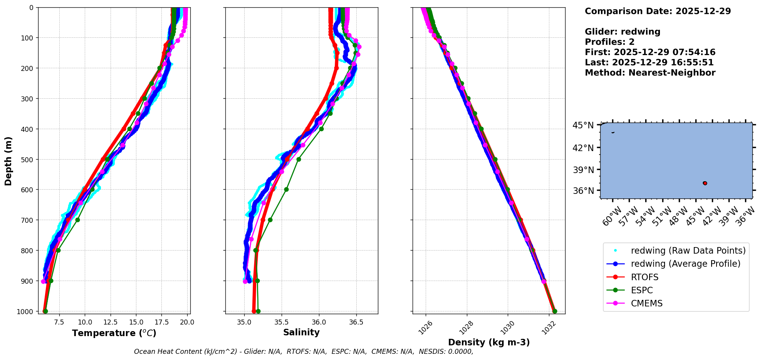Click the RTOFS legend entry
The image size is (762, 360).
click(645, 277)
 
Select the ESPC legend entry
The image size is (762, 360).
click(642, 290)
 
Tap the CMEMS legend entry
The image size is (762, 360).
click(646, 303)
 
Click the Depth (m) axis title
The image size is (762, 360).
click(8, 161)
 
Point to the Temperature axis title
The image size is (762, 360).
click(114, 333)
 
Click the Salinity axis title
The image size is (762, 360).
click(301, 332)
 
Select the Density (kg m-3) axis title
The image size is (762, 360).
click(489, 342)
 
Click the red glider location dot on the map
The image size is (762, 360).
click(705, 183)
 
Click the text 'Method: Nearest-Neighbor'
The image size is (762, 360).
click(650, 73)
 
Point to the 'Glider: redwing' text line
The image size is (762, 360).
click(623, 32)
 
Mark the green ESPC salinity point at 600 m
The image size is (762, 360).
click(286, 189)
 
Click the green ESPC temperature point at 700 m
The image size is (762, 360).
click(77, 220)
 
